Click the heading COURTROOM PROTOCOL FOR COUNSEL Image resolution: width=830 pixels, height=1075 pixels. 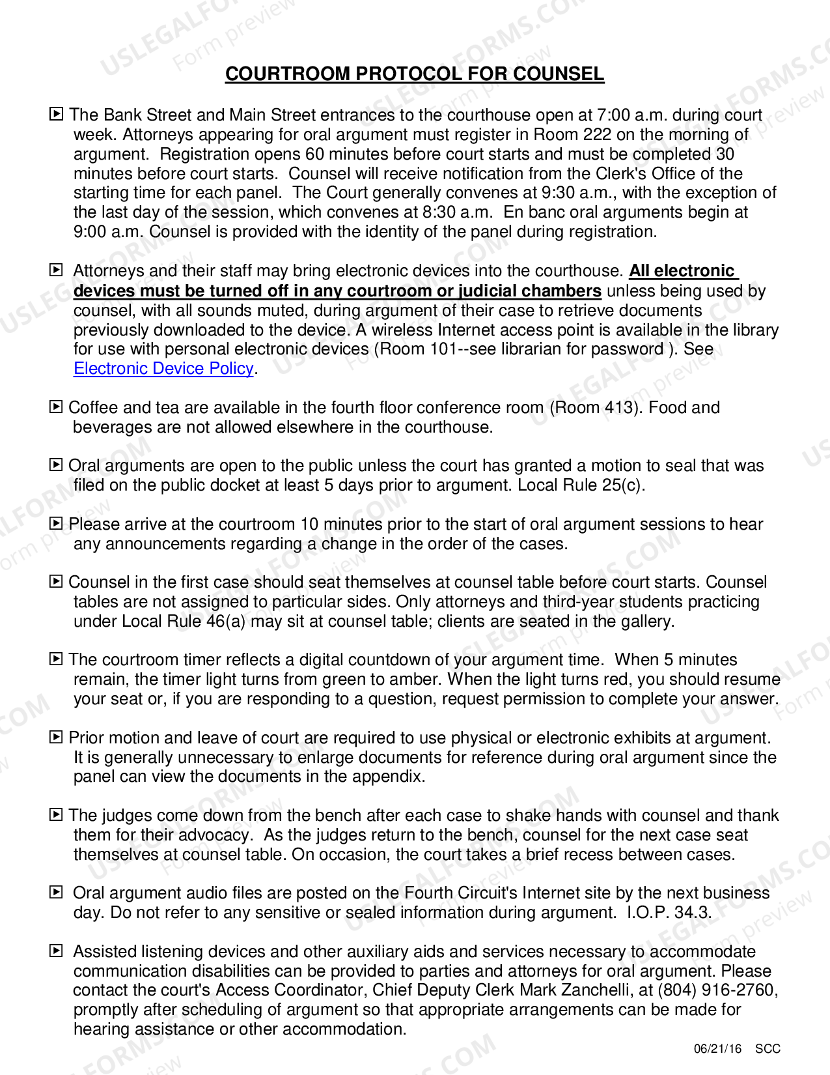point(414,74)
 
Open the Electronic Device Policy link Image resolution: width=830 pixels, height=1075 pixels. point(163,369)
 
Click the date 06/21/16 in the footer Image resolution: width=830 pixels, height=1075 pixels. point(717,1049)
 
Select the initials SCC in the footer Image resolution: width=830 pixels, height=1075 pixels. point(768,1049)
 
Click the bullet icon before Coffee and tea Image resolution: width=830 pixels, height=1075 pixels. point(57,407)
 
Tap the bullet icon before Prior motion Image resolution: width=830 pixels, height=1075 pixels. point(57,738)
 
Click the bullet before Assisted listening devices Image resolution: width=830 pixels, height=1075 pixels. point(57,951)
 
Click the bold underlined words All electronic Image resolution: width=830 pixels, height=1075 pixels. point(682,271)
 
